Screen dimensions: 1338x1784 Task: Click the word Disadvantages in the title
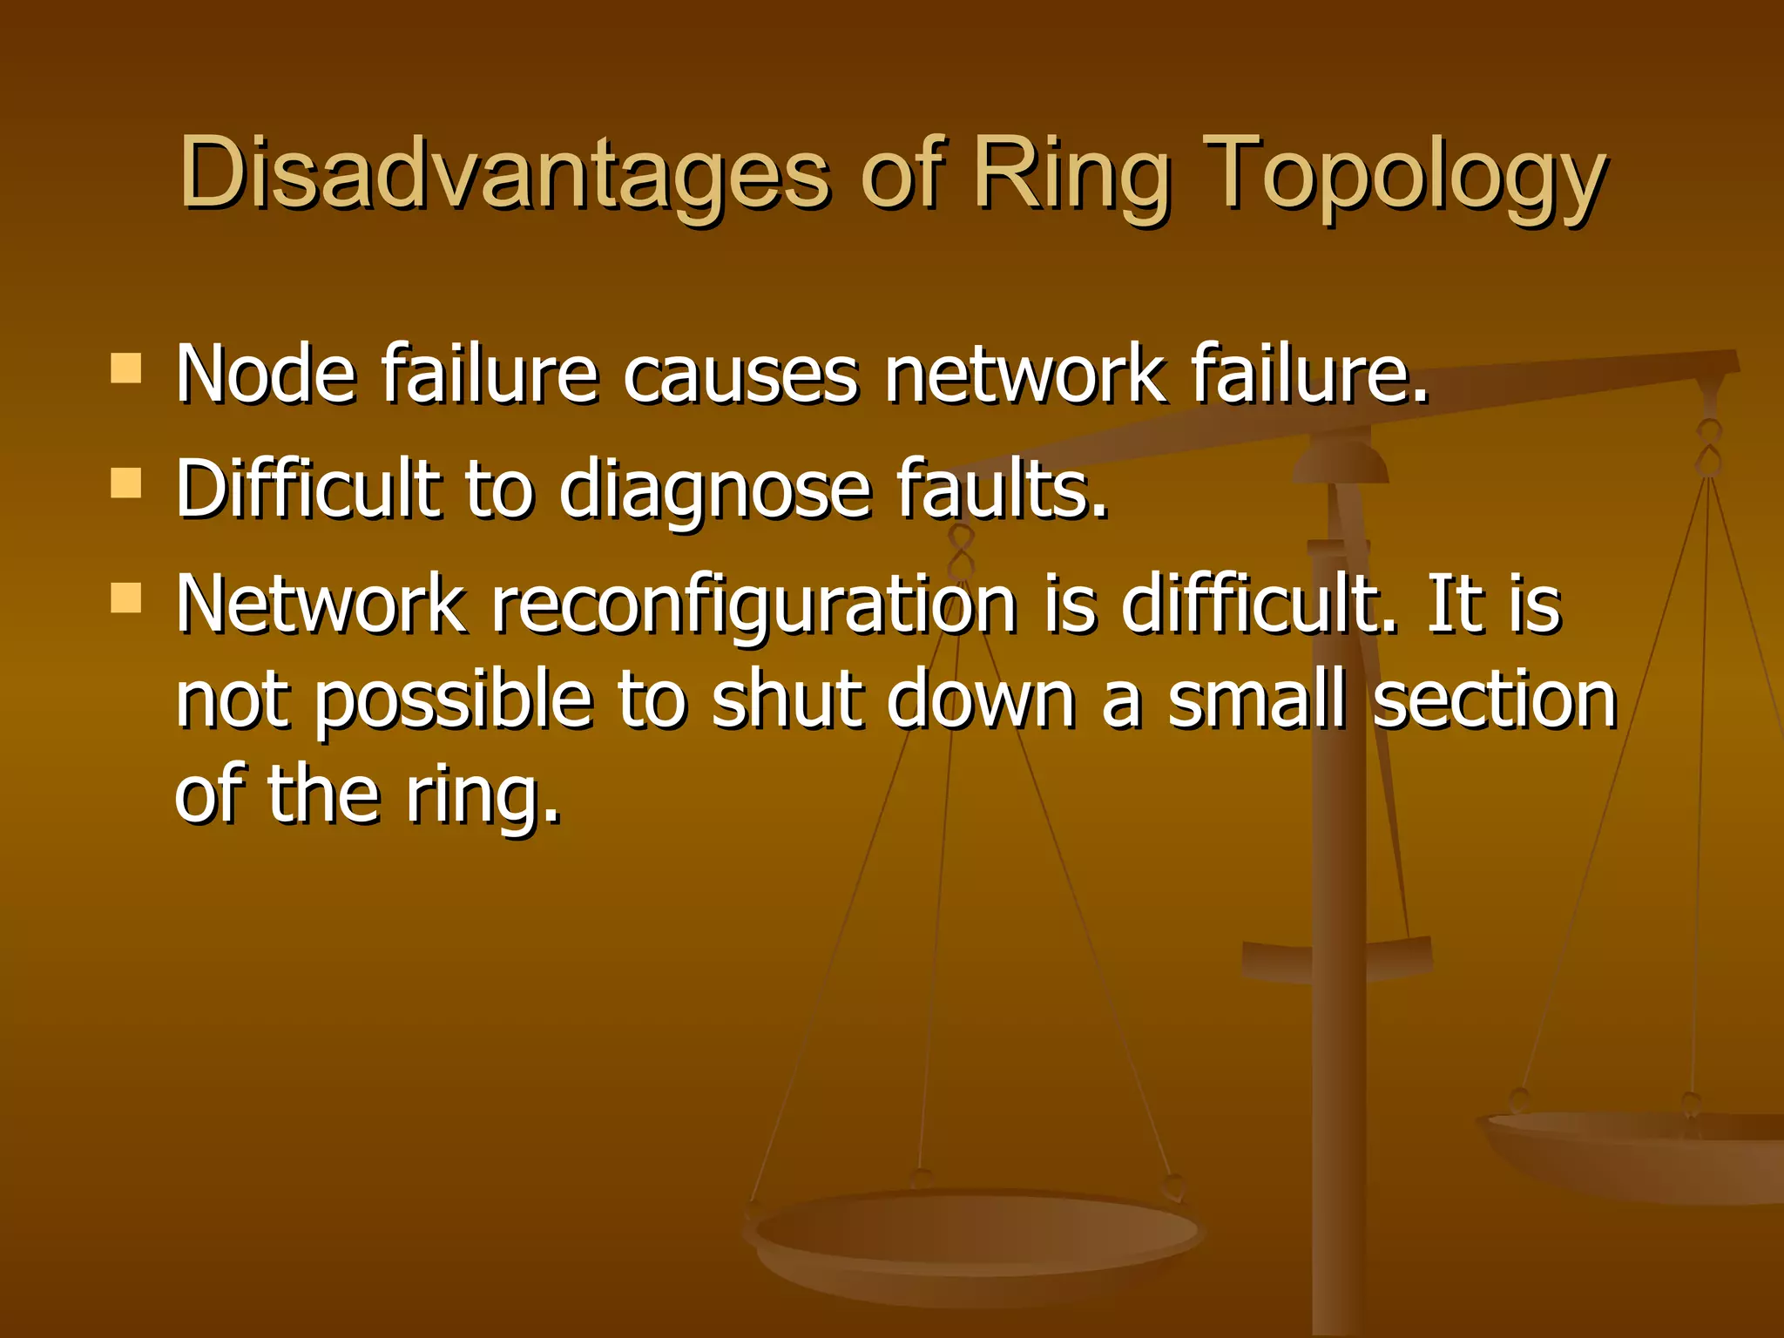(504, 173)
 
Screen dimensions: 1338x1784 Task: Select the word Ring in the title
(1071, 175)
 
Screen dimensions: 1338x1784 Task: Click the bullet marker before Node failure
(126, 368)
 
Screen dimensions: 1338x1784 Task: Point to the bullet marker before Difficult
(126, 483)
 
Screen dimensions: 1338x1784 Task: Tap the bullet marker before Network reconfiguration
(126, 598)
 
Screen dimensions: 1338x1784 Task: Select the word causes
(740, 375)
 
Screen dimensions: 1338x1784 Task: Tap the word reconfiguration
(754, 605)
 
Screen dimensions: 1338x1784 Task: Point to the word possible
(453, 702)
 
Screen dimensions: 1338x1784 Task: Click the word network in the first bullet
(1024, 374)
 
